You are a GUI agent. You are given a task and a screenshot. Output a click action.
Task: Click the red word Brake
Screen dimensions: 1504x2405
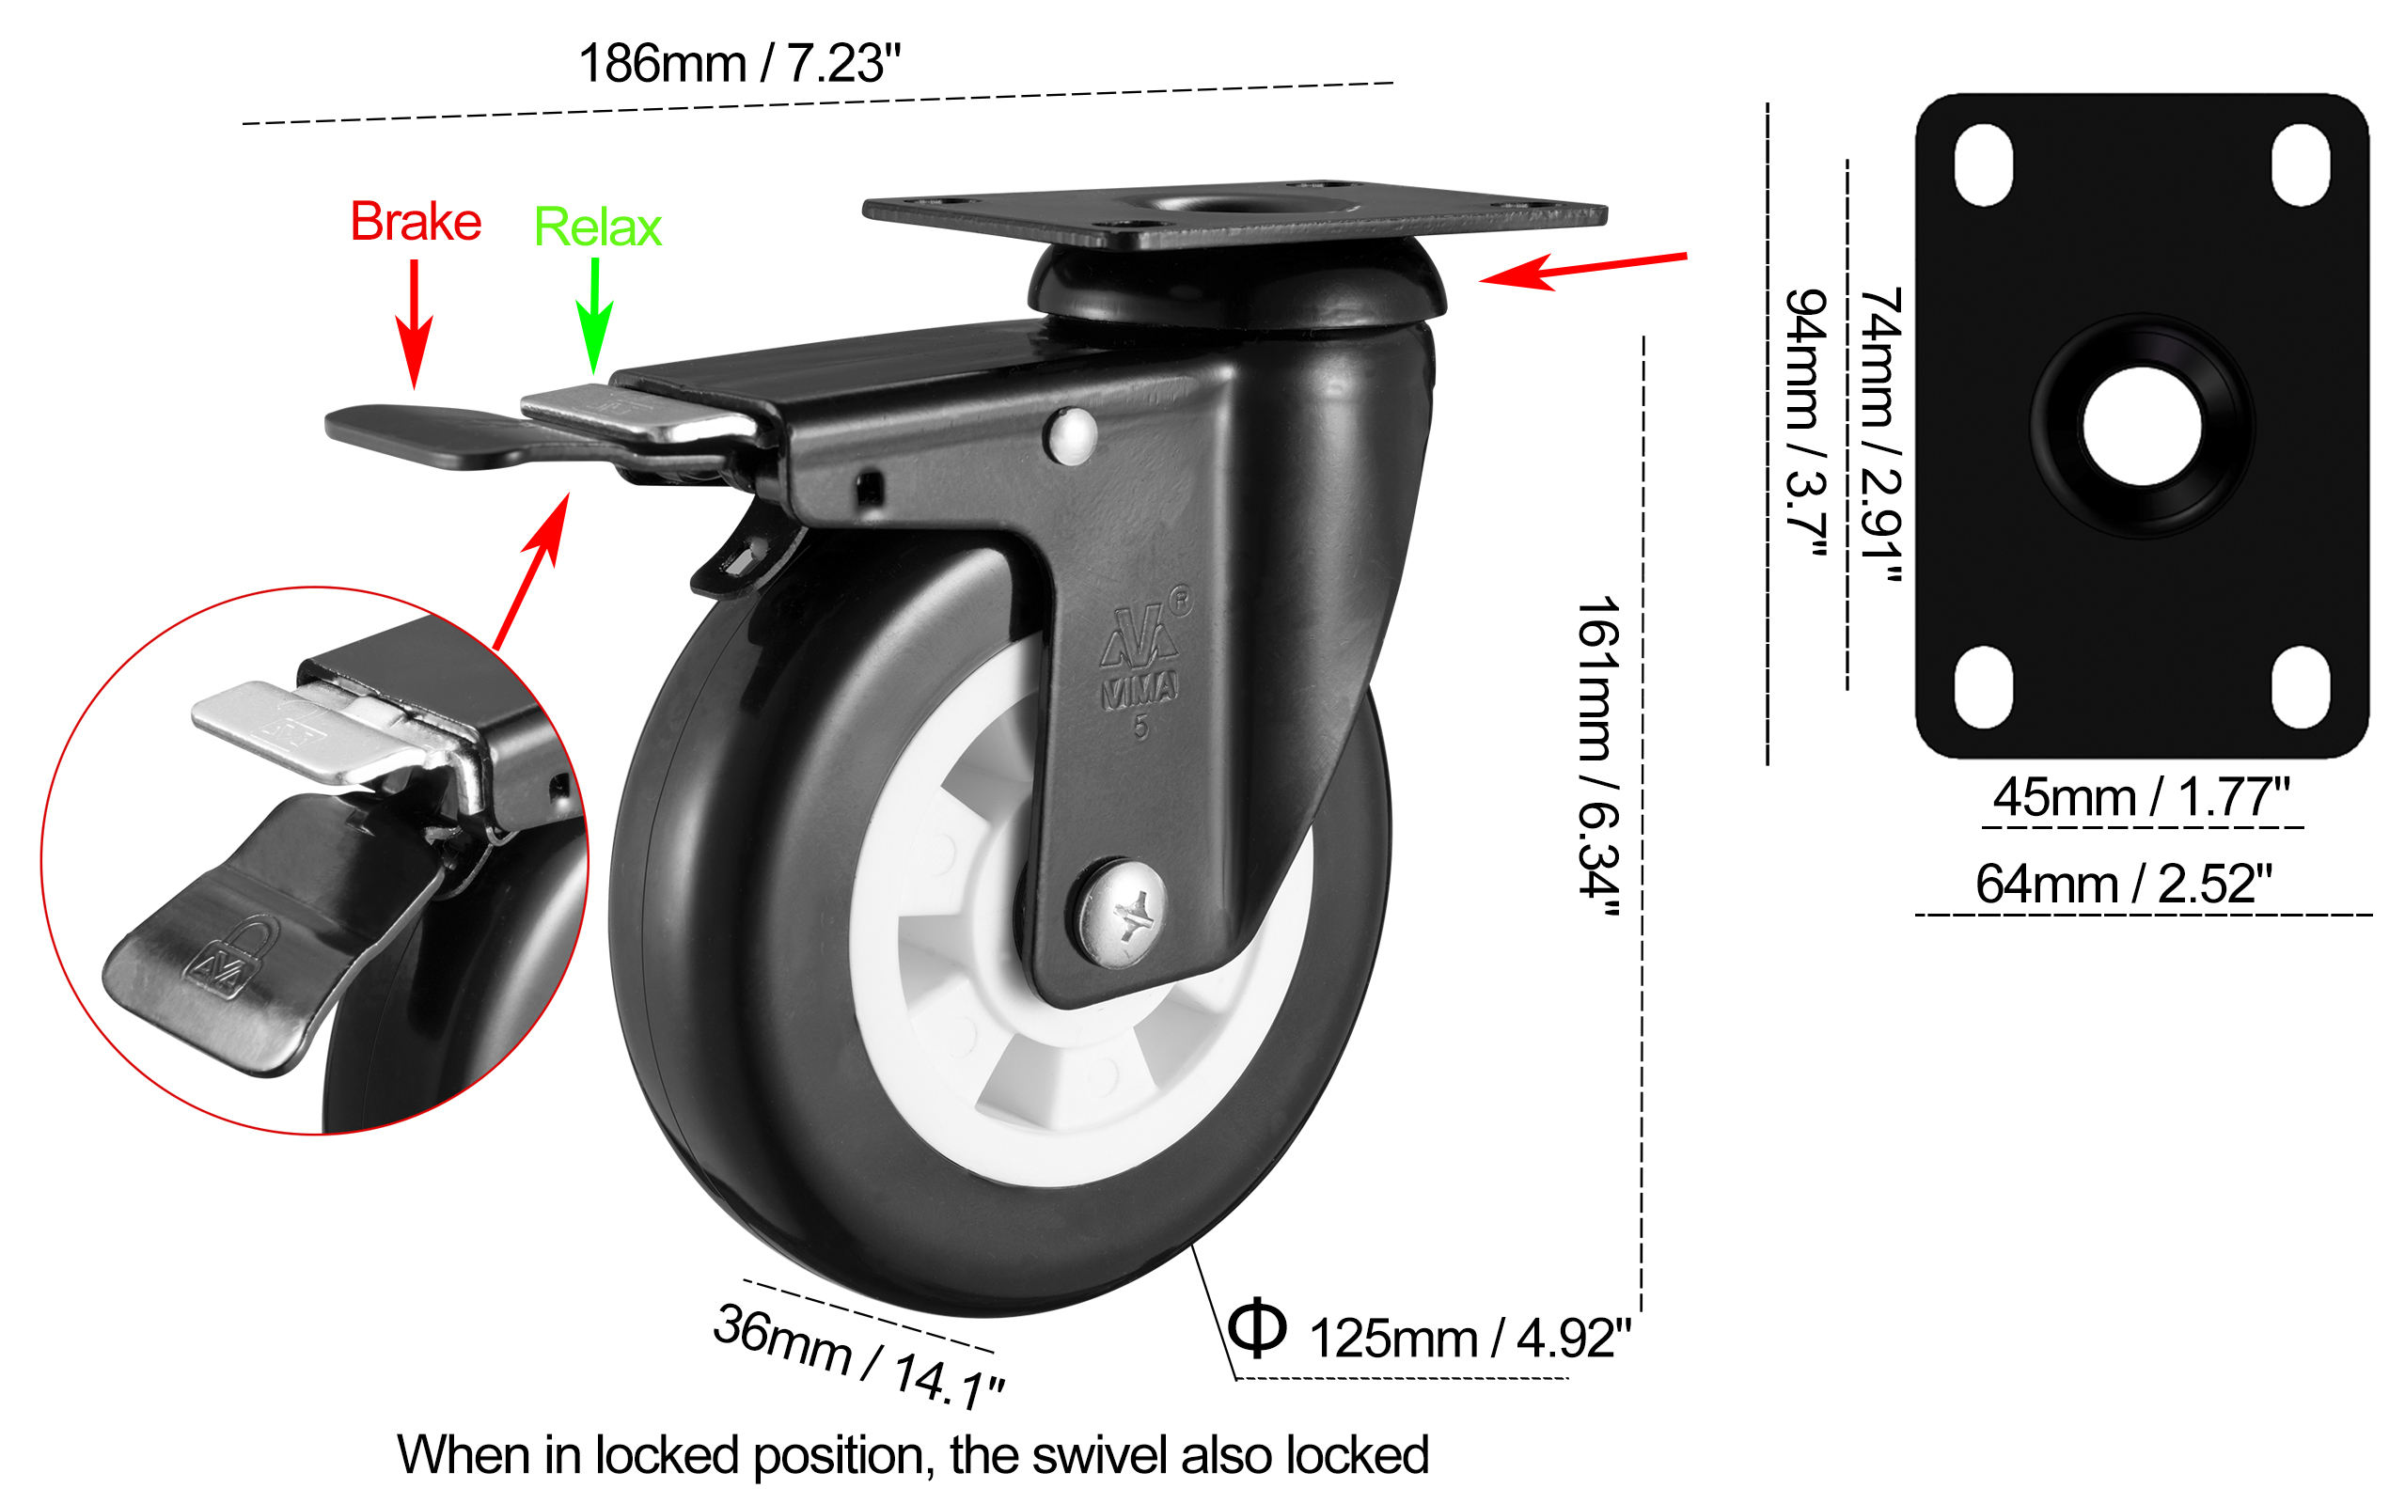(416, 222)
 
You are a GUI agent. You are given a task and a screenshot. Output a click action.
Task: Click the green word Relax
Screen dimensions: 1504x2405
(598, 227)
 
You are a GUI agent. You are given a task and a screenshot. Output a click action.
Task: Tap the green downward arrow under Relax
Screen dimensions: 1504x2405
(595, 319)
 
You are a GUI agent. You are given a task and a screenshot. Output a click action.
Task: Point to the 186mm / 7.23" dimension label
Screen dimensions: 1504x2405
(739, 64)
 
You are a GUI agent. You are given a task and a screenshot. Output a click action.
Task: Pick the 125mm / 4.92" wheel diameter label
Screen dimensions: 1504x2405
(1470, 1339)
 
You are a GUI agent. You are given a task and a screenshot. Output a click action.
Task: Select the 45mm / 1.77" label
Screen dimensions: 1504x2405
(2142, 798)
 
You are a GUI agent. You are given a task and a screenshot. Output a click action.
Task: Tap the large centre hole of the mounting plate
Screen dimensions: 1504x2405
(2142, 426)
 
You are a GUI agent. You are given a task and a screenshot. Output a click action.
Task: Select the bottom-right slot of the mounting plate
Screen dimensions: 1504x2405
(2301, 685)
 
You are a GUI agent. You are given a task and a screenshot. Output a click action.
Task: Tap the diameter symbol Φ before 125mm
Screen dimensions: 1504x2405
(1257, 1328)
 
